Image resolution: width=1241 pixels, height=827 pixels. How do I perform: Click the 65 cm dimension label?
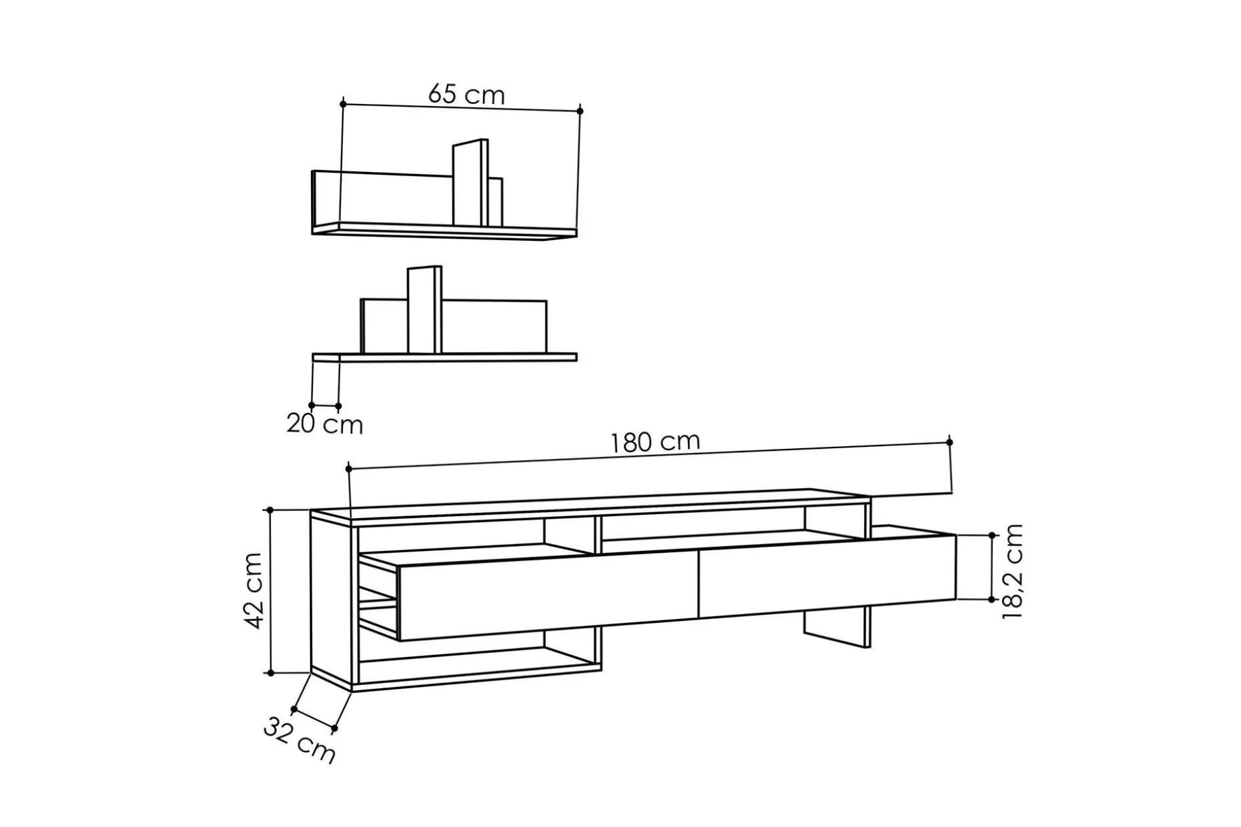[466, 94]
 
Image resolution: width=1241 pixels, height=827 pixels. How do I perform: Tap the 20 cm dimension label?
[325, 424]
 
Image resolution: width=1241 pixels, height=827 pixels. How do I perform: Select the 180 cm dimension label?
[655, 442]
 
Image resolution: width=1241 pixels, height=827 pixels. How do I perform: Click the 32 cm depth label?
[299, 739]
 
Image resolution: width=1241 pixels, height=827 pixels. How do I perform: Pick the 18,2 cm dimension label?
[1012, 572]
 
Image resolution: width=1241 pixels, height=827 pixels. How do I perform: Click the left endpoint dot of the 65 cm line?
[343, 104]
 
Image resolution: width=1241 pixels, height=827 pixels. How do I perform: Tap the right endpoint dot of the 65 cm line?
[580, 111]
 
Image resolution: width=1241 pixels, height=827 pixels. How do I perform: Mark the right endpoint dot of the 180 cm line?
[949, 442]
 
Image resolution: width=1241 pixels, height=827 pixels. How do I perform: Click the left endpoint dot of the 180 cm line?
[349, 469]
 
